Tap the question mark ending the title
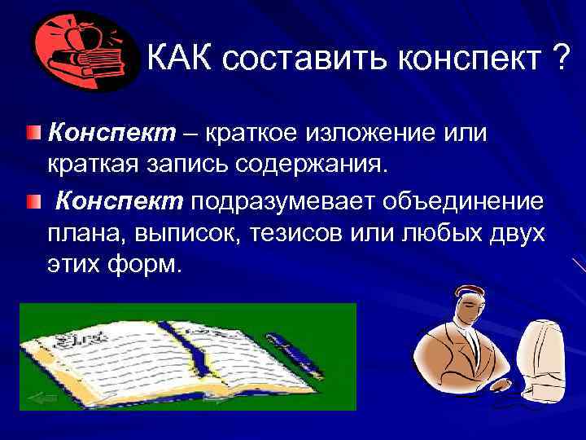[559, 59]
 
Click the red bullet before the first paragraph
[31, 131]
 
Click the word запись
[194, 165]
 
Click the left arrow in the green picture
[41, 397]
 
